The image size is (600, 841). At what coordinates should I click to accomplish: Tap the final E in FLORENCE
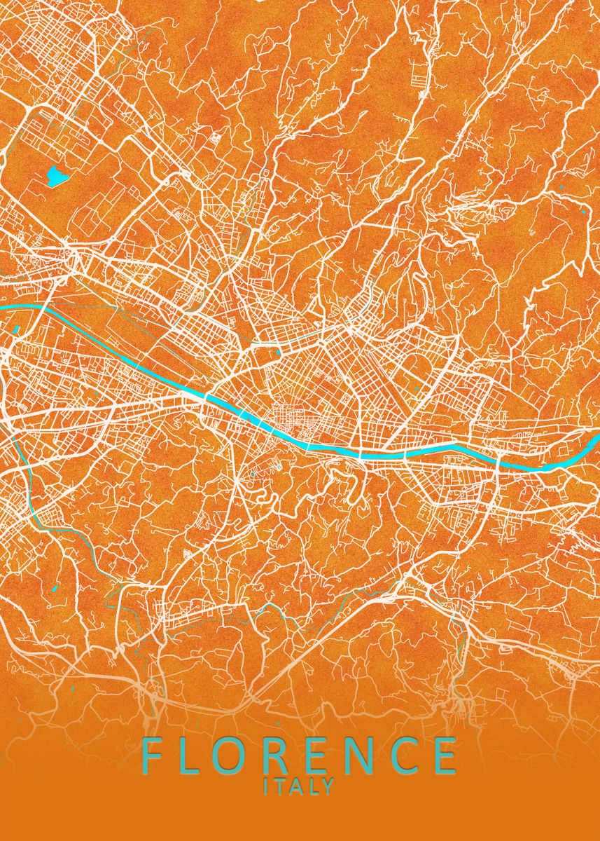point(445,755)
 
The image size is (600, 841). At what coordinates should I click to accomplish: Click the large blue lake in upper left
point(55,177)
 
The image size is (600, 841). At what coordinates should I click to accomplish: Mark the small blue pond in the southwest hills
point(55,587)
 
